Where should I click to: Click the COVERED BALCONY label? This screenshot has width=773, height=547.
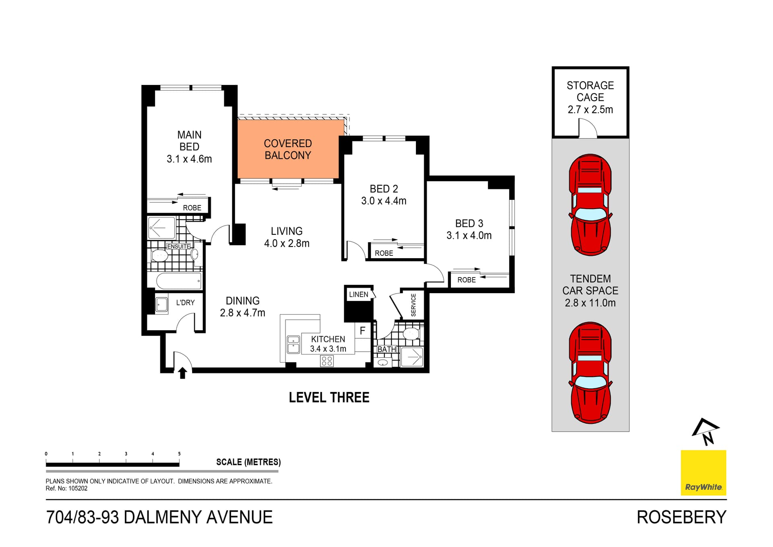pyautogui.click(x=287, y=149)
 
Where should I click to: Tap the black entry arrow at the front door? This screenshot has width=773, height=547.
pyautogui.click(x=182, y=373)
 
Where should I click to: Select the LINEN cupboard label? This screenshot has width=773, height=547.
pyautogui.click(x=358, y=294)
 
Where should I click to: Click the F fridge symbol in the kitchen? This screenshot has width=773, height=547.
pyautogui.click(x=362, y=331)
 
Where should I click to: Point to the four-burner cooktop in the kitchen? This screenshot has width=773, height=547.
pyautogui.click(x=327, y=361)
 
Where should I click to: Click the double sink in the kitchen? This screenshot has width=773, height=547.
pyautogui.click(x=293, y=345)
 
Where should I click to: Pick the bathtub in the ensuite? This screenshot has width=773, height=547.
pyautogui.click(x=178, y=281)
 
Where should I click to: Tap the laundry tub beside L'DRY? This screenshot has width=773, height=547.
pyautogui.click(x=161, y=305)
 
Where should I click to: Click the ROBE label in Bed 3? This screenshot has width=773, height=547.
pyautogui.click(x=466, y=280)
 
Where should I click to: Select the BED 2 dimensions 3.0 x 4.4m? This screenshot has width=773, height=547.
pyautogui.click(x=384, y=201)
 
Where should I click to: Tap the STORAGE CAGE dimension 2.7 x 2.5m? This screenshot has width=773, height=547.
pyautogui.click(x=590, y=110)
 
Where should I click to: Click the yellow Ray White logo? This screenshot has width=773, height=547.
pyautogui.click(x=703, y=472)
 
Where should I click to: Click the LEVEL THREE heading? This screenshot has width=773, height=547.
pyautogui.click(x=329, y=398)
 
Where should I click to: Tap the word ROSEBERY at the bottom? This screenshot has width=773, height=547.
pyautogui.click(x=681, y=517)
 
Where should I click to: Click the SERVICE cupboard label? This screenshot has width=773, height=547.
pyautogui.click(x=413, y=305)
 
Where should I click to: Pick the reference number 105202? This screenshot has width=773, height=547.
pyautogui.click(x=78, y=489)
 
